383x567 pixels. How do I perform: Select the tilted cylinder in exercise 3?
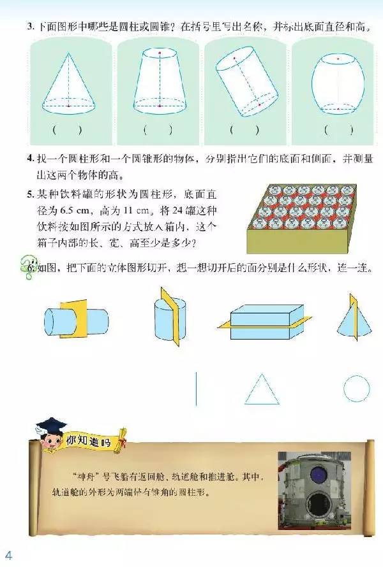(x=247, y=81)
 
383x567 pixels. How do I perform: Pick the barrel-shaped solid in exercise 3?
(x=338, y=84)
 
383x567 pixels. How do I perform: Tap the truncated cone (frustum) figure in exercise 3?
(x=160, y=81)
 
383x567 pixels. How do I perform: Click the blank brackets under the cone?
(x=67, y=130)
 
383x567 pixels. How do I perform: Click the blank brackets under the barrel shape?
(x=338, y=130)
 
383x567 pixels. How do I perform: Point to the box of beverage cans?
(x=301, y=219)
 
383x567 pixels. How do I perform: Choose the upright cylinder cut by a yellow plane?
(x=170, y=317)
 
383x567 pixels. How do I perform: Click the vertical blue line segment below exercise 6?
(x=197, y=389)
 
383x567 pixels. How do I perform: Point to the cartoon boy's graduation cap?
(x=52, y=424)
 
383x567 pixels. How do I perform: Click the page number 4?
(x=8, y=555)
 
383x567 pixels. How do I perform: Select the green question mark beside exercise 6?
(x=28, y=267)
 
